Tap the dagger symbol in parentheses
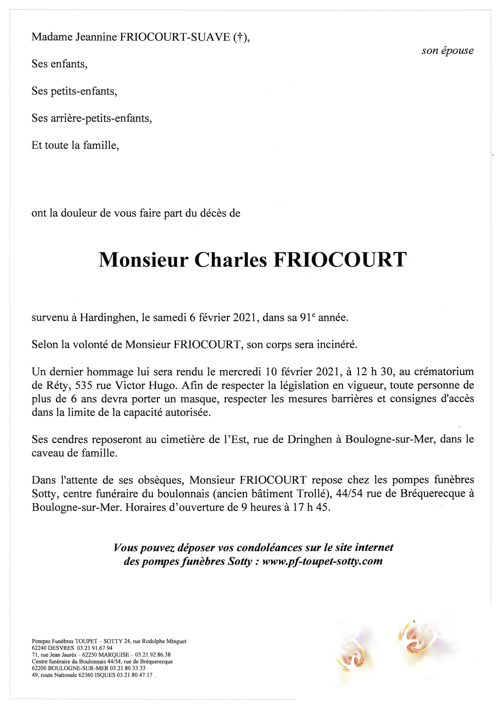(238, 37)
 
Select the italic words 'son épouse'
(447, 51)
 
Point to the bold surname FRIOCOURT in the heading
(339, 260)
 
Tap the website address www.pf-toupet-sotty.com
(322, 561)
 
